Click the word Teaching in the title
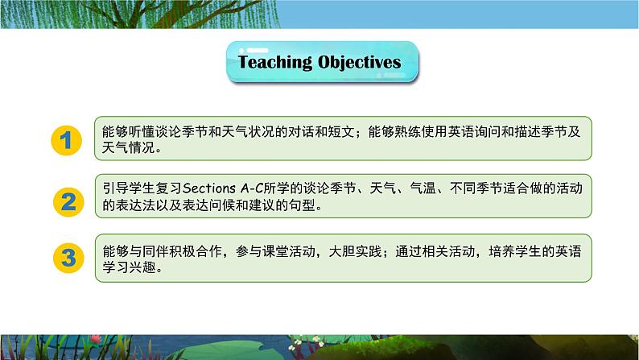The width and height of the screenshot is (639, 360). tap(274, 62)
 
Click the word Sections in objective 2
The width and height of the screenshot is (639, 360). tap(212, 188)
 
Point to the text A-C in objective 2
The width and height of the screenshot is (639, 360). tap(255, 188)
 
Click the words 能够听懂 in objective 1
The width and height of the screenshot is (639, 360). tap(126, 131)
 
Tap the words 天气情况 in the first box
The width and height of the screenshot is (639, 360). tap(126, 149)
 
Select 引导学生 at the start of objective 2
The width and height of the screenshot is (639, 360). tap(126, 188)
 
